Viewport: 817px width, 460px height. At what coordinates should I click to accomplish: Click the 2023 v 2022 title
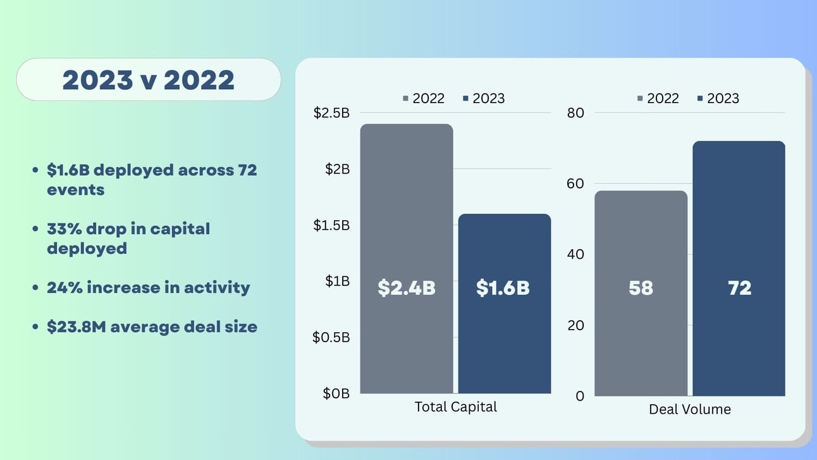click(x=148, y=80)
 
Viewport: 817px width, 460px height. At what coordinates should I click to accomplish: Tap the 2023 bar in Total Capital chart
click(x=504, y=342)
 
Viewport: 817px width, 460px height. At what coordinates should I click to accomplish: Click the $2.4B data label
click(x=407, y=288)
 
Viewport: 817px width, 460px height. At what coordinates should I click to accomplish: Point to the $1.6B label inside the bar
click(x=503, y=288)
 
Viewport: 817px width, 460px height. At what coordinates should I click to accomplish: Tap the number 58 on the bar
click(x=641, y=288)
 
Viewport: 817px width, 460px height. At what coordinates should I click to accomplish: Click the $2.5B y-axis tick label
click(x=331, y=113)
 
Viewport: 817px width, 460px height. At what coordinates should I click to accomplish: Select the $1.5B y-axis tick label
click(x=331, y=225)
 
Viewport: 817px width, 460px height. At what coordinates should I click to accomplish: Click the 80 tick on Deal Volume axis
click(x=576, y=113)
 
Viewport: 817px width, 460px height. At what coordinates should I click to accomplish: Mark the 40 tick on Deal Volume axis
click(x=576, y=254)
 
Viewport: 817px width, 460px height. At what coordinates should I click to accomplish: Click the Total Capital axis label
click(x=455, y=407)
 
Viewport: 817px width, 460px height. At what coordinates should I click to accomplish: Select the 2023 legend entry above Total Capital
click(x=484, y=98)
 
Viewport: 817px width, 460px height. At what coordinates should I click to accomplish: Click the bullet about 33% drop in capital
click(x=128, y=238)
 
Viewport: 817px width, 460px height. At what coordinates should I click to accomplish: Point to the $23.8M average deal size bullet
click(x=152, y=327)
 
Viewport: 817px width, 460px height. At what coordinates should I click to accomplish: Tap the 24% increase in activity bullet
click(x=148, y=287)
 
